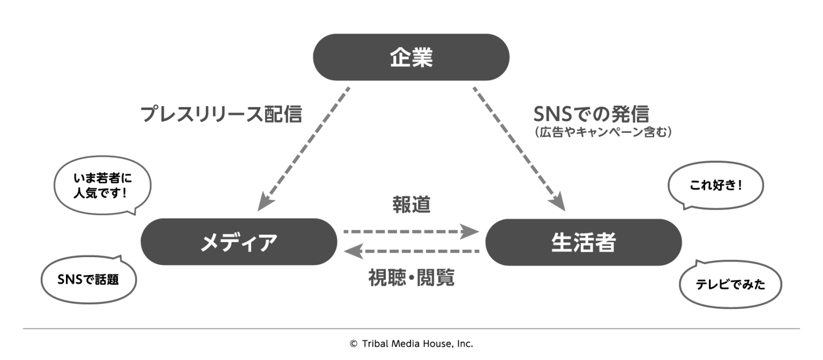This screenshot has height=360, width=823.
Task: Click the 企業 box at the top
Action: pyautogui.click(x=410, y=57)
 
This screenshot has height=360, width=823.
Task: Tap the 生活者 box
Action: pyautogui.click(x=583, y=242)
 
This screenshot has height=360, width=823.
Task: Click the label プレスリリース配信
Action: pyautogui.click(x=221, y=114)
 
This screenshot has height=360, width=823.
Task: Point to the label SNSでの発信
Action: pyautogui.click(x=590, y=113)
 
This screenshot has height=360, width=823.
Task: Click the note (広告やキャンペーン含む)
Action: pyautogui.click(x=602, y=132)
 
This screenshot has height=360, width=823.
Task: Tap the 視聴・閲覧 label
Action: pyautogui.click(x=411, y=277)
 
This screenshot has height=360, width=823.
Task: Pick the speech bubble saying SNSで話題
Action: pyautogui.click(x=88, y=279)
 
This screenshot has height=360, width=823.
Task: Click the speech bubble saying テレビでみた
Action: pyautogui.click(x=730, y=285)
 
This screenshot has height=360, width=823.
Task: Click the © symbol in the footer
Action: pyautogui.click(x=353, y=344)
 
